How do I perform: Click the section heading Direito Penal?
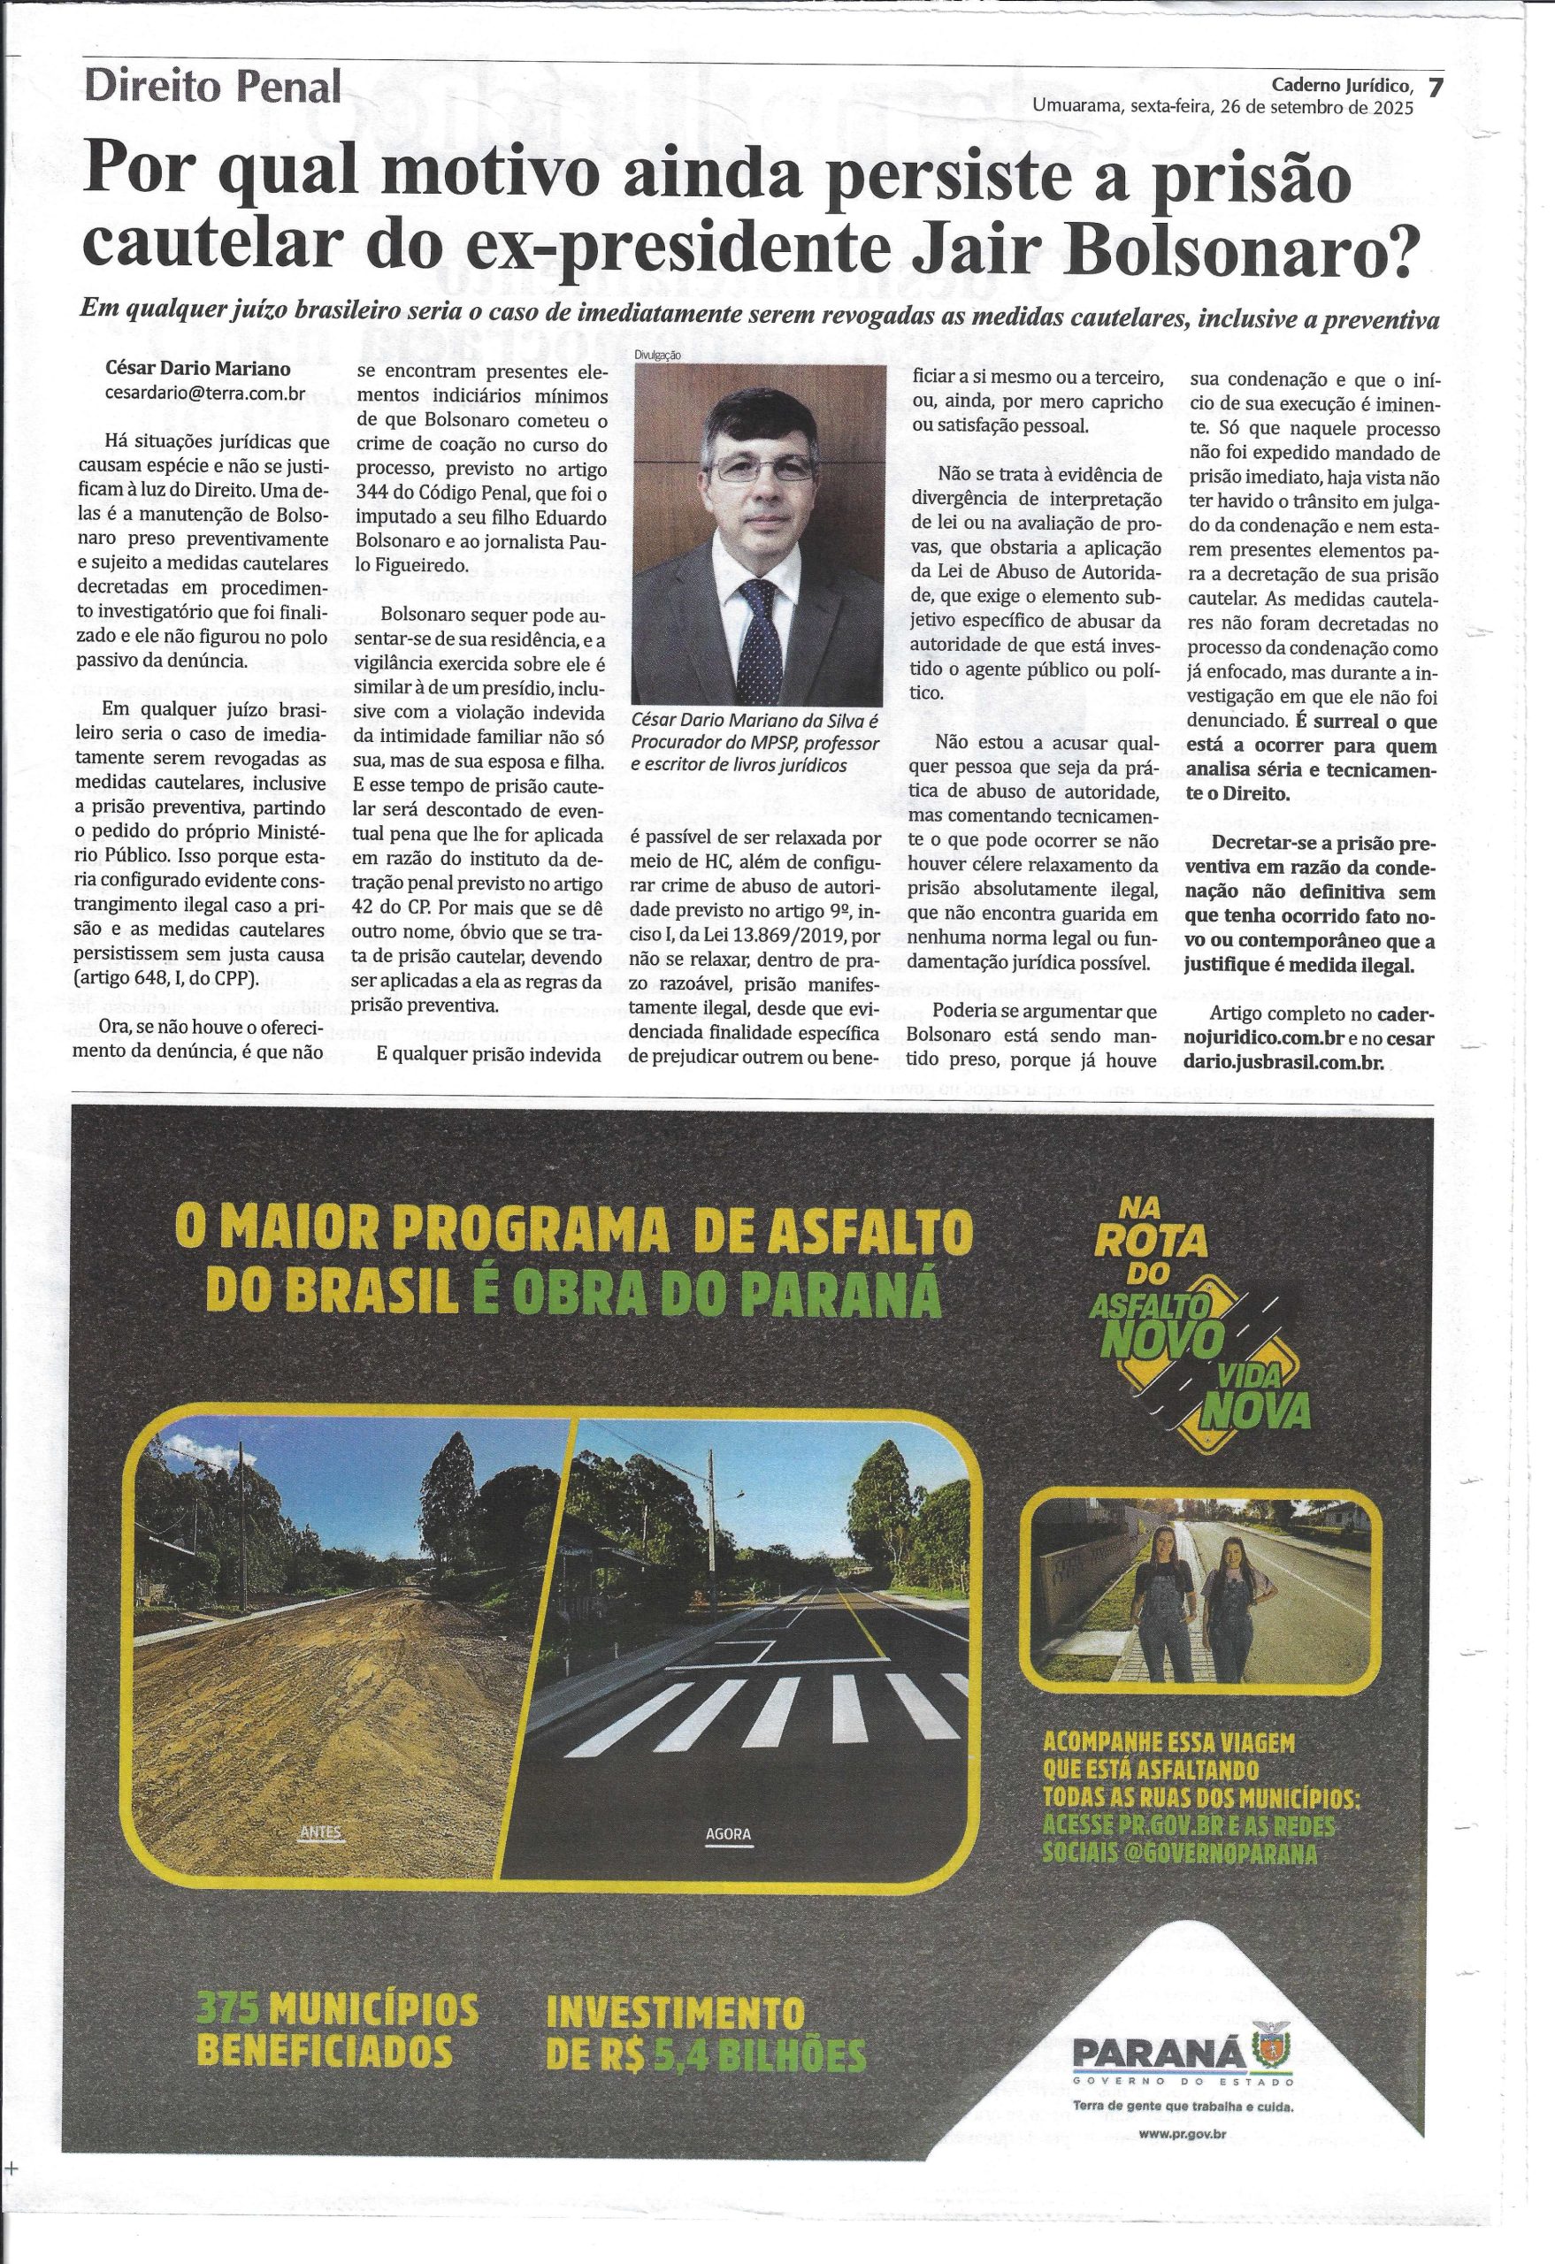(213, 88)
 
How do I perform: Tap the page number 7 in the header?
(1434, 87)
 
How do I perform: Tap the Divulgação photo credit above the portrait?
(660, 356)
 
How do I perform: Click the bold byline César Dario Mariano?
(189, 371)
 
